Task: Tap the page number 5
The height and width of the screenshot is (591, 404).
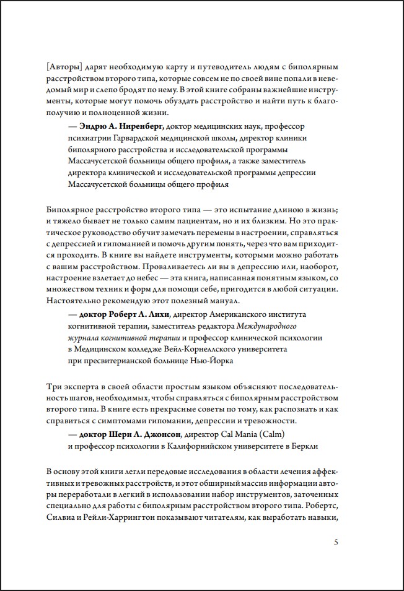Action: (336, 543)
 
